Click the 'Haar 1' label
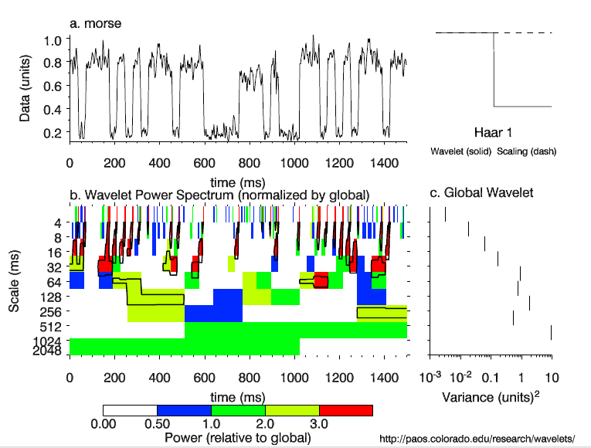point(494,132)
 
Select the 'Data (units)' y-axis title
point(25,85)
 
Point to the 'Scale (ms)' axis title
point(15,283)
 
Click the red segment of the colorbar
point(345,410)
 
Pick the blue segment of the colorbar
point(184,410)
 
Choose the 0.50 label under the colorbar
point(157,424)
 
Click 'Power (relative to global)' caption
point(238,438)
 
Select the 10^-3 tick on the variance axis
point(430,377)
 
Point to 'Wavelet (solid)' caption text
point(461,151)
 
